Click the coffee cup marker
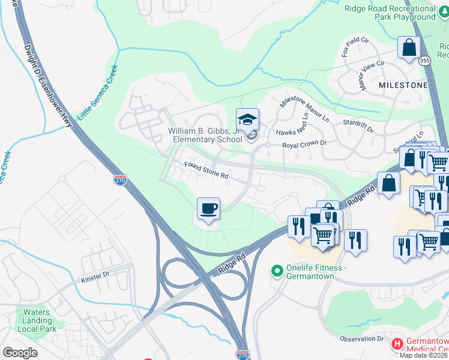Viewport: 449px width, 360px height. click(208, 209)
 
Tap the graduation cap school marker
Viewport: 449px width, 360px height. click(247, 120)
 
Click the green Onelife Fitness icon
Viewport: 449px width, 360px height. click(277, 272)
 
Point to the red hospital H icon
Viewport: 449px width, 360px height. click(397, 344)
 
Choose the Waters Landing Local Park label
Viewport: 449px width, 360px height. click(37, 320)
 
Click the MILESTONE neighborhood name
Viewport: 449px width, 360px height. click(403, 85)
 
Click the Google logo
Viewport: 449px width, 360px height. click(20, 352)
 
